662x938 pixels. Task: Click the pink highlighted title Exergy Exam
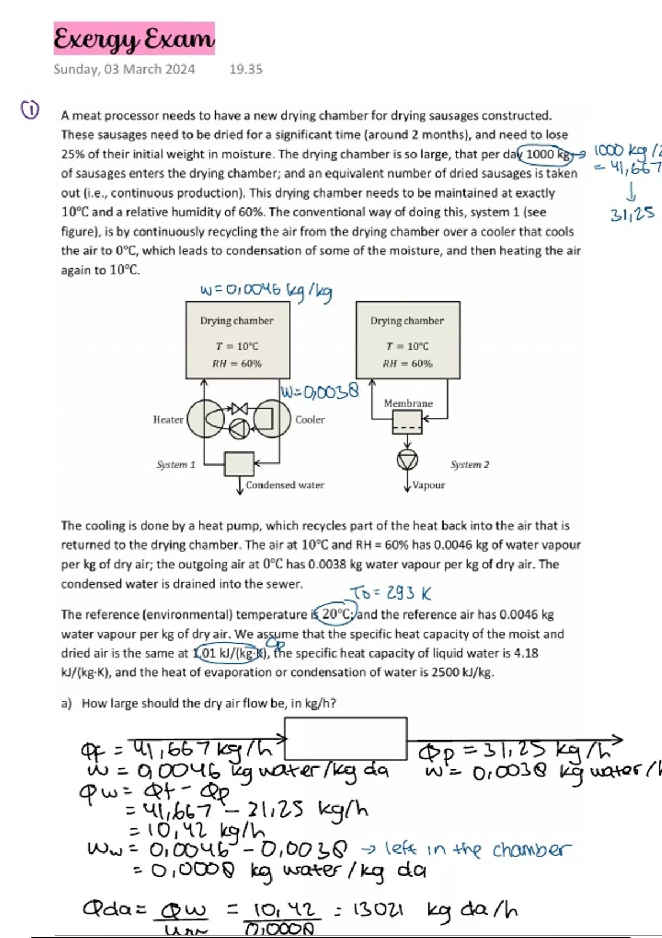pos(134,39)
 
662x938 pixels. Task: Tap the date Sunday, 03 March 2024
pos(124,70)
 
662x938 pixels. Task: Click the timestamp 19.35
pos(246,70)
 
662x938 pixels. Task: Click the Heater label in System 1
pos(168,420)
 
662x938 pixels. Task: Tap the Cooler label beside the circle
pos(310,420)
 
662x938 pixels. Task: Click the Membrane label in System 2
pos(408,403)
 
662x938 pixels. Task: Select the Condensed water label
pos(285,485)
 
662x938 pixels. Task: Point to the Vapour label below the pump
pos(429,486)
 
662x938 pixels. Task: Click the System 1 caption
pos(176,465)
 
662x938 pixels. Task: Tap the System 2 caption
pos(470,465)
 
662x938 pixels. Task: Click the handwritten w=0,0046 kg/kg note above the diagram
pos(266,291)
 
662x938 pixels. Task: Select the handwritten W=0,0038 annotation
pos(320,392)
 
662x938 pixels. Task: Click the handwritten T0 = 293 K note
pos(391,594)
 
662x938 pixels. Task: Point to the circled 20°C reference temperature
pos(337,614)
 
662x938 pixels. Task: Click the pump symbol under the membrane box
pos(407,460)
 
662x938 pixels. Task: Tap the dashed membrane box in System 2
pos(407,423)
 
